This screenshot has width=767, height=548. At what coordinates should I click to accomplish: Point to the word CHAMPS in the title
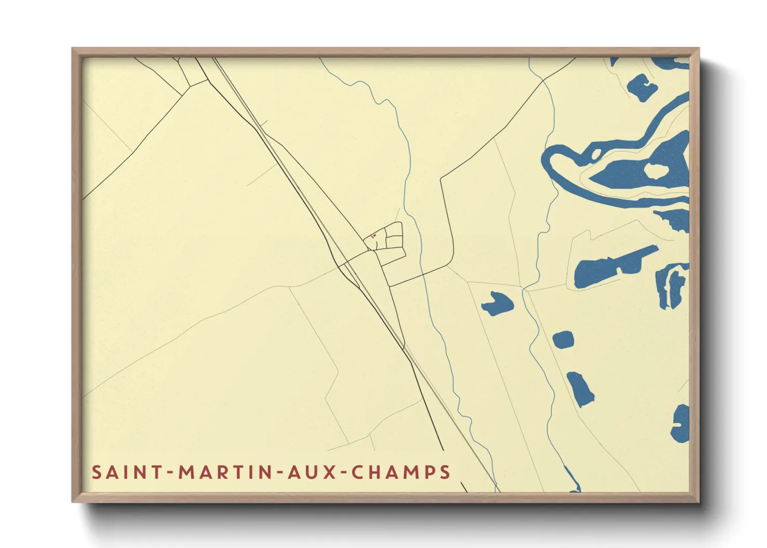[401, 472]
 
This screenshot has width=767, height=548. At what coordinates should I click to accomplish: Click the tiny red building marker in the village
[374, 236]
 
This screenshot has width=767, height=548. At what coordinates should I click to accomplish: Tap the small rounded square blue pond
[563, 340]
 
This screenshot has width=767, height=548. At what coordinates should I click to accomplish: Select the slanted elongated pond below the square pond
[580, 388]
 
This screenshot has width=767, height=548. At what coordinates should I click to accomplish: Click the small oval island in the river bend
[596, 153]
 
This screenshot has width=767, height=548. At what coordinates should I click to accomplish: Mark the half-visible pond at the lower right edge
[681, 424]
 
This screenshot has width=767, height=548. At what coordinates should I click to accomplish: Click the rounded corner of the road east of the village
[451, 262]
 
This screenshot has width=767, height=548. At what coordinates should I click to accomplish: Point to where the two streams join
[524, 290]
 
